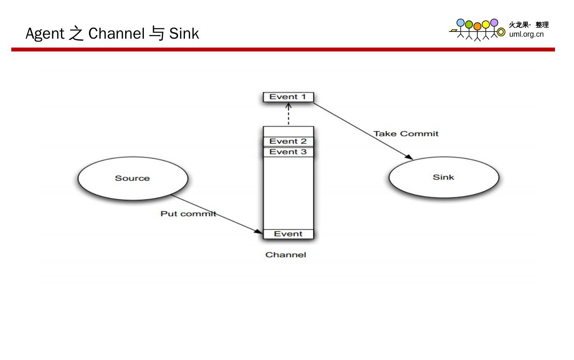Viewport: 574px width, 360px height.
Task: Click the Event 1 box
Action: pos(288,97)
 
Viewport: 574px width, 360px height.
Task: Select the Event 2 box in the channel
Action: pos(288,142)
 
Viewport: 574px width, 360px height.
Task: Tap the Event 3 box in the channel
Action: pos(288,152)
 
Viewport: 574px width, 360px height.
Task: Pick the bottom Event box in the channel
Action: pos(288,234)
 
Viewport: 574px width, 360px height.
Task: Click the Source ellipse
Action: pos(133,178)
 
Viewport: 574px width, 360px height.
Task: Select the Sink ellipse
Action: pos(444,177)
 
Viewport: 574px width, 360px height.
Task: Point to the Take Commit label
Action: pos(406,134)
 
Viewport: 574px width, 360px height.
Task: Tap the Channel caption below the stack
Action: pos(286,255)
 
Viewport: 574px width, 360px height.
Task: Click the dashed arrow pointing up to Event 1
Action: pos(289,114)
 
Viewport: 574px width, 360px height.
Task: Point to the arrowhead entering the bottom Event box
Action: pos(259,232)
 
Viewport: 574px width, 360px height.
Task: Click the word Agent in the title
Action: pos(45,33)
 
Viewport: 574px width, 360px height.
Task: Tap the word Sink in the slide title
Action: pos(184,33)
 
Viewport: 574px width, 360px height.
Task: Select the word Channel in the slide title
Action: pos(116,33)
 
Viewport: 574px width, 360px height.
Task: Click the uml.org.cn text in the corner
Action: pos(526,34)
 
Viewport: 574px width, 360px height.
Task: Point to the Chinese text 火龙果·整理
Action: pos(529,25)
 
